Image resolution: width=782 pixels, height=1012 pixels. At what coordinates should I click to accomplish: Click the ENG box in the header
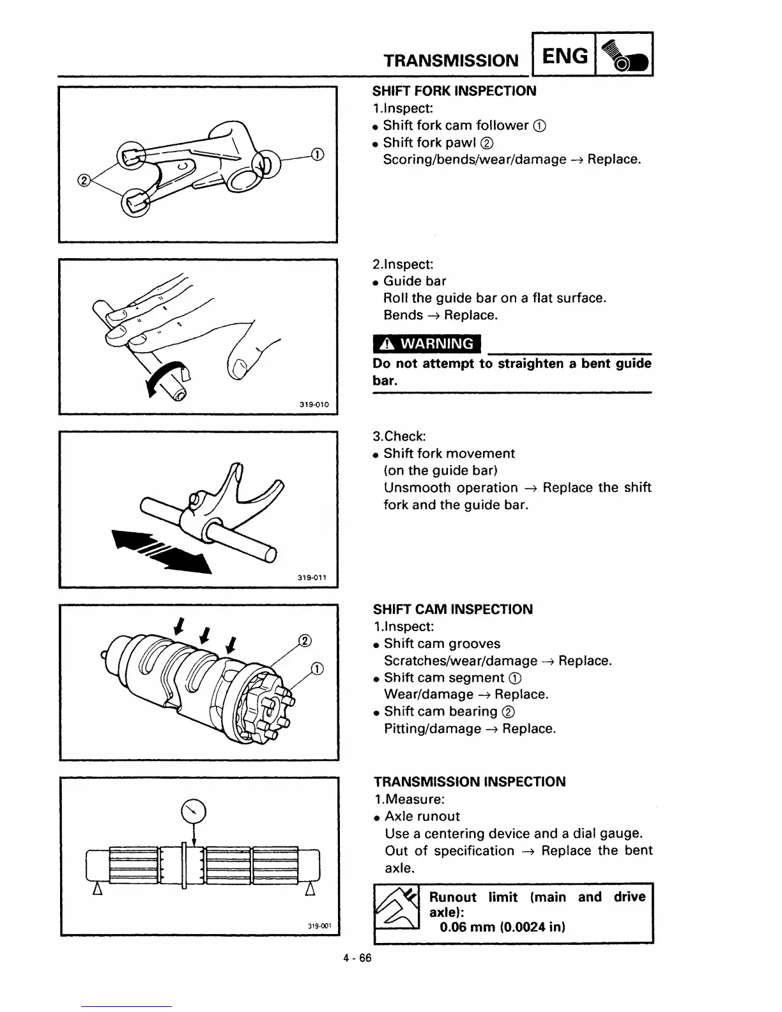pyautogui.click(x=565, y=56)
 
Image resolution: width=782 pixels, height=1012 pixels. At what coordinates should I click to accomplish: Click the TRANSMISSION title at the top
pyautogui.click(x=451, y=61)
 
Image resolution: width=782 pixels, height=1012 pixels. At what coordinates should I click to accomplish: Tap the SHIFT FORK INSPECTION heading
pyautogui.click(x=454, y=91)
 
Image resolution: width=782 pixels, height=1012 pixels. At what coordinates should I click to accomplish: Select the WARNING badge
pyautogui.click(x=427, y=344)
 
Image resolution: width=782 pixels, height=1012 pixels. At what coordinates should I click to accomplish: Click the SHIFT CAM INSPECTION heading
pyautogui.click(x=453, y=609)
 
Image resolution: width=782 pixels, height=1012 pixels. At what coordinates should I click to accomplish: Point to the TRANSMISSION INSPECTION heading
pyautogui.click(x=470, y=782)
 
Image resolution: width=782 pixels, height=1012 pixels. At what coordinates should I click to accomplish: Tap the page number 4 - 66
pyautogui.click(x=356, y=958)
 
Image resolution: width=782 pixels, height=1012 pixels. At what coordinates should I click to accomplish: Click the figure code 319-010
pyautogui.click(x=314, y=404)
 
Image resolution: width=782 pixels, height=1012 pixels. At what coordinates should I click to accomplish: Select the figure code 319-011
pyautogui.click(x=312, y=578)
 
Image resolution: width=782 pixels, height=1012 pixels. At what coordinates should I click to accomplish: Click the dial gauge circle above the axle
pyautogui.click(x=194, y=812)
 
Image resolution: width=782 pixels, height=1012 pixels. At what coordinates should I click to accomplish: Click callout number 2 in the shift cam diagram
pyautogui.click(x=305, y=641)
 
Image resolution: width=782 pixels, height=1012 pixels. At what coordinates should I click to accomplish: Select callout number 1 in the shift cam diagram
pyautogui.click(x=317, y=669)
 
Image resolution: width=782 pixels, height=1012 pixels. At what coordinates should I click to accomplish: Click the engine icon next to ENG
pyautogui.click(x=624, y=56)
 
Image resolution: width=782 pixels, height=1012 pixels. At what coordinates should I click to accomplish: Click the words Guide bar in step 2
pyautogui.click(x=415, y=281)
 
